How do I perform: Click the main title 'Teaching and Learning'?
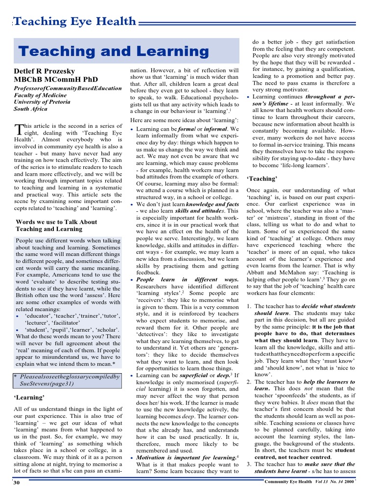click(113, 52)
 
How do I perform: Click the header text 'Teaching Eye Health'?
click(75, 21)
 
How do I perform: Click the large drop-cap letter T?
click(19, 129)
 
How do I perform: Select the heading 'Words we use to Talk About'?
click(57, 222)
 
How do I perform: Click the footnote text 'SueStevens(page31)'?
click(46, 384)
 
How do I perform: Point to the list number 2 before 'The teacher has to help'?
click(249, 382)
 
